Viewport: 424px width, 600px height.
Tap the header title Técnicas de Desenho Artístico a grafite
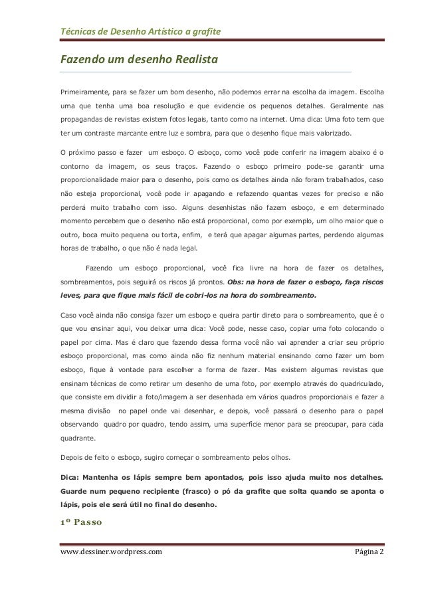coord(142,31)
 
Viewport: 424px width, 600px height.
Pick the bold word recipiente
coord(166,492)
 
